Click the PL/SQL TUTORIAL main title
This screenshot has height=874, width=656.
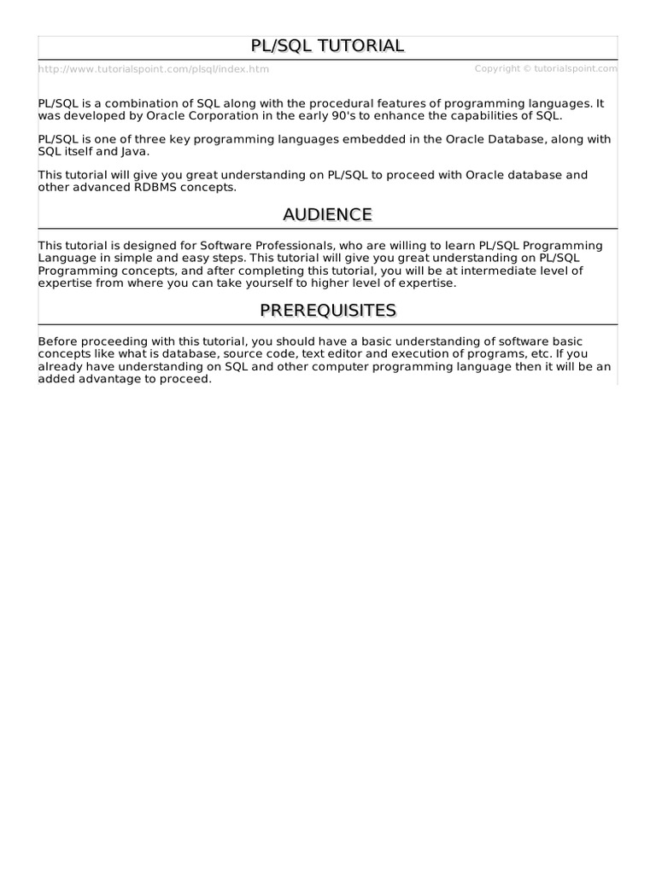point(327,46)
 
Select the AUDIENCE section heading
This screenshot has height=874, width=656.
point(327,214)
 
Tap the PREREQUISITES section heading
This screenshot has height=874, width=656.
point(327,310)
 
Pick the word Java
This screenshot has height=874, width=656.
point(134,151)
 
